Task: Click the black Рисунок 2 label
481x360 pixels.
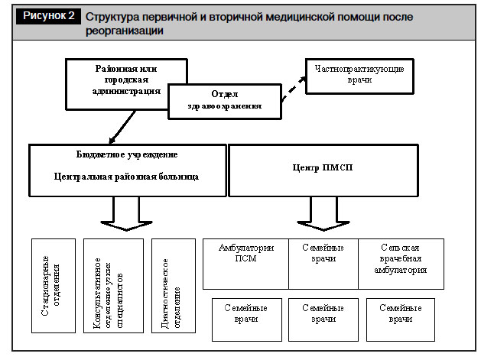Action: coord(48,15)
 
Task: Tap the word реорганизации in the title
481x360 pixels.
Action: coord(124,31)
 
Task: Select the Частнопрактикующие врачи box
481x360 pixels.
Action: coord(359,76)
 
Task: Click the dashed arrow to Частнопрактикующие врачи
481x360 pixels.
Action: coord(294,89)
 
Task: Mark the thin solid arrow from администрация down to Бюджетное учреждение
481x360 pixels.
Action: coord(122,127)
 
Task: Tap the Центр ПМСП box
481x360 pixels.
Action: coord(323,170)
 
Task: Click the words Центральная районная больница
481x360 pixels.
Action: coord(126,177)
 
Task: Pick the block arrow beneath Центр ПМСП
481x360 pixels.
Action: coord(323,214)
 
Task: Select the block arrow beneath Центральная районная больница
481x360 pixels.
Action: coord(126,214)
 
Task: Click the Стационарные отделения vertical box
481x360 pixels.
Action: coord(54,286)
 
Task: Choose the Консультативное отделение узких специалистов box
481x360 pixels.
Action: coord(113,286)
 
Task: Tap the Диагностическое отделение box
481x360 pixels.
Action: coord(174,286)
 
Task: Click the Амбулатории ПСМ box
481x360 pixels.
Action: coord(245,264)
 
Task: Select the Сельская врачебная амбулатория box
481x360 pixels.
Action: coord(401,264)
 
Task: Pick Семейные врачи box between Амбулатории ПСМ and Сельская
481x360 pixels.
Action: coord(323,264)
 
